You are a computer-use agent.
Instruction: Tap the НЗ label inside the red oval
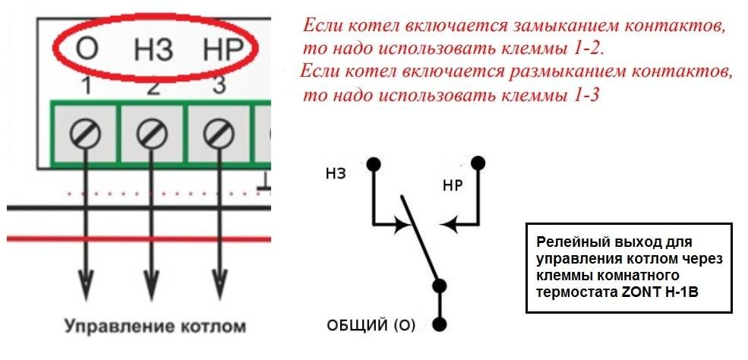tap(153, 48)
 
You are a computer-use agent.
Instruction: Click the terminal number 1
tap(86, 87)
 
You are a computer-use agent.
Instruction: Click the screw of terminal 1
tap(85, 134)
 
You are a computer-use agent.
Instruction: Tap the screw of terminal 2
tap(152, 134)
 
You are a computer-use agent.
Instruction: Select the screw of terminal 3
tap(219, 134)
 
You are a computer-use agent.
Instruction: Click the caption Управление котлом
tap(156, 327)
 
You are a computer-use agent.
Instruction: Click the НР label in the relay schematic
tap(453, 185)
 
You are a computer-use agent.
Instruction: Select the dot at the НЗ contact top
tap(374, 165)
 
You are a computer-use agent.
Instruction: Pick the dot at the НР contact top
tap(478, 163)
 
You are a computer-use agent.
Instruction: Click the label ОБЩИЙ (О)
tap(371, 326)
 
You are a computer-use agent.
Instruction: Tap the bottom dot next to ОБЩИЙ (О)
tap(440, 325)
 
